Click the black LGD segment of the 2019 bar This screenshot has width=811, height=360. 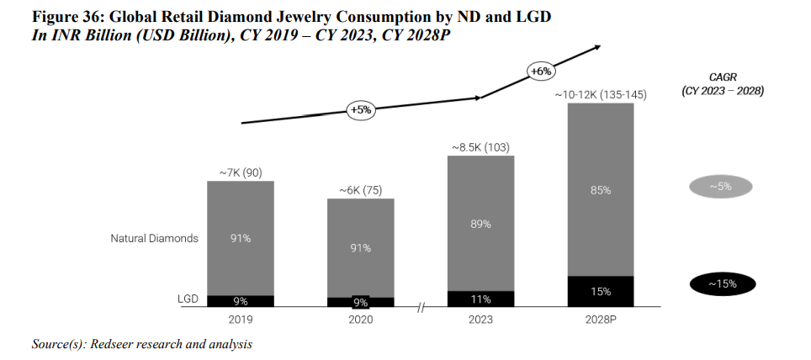241,300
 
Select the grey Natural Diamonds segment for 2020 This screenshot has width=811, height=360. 361,247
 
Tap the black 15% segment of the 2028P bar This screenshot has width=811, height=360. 601,291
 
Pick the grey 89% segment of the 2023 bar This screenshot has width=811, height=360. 480,224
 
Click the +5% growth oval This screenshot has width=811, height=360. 360,110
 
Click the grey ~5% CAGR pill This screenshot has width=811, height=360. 721,187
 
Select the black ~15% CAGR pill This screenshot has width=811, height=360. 721,284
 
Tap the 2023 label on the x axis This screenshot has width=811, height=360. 480,320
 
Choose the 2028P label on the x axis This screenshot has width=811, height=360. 601,320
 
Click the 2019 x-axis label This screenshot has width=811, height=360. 241,320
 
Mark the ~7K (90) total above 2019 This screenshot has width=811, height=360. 240,173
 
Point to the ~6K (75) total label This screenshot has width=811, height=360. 360,190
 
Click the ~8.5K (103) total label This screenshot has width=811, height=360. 480,148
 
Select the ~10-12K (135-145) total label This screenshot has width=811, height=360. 601,95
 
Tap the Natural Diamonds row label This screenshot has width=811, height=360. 155,238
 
